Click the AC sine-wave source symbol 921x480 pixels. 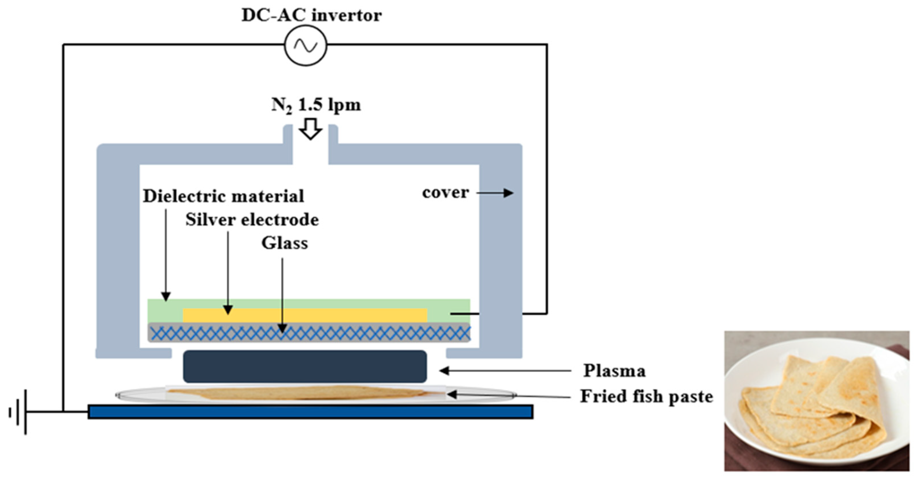306,45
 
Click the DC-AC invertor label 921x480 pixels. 311,15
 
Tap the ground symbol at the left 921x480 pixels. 18,412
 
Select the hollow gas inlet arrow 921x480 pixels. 310,129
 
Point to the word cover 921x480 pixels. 445,193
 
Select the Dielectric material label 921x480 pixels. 224,196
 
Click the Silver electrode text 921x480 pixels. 252,220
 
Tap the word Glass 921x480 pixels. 285,243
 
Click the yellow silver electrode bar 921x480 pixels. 305,315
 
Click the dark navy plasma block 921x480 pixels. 305,366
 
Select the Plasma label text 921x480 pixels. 614,371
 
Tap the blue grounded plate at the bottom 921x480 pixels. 310,412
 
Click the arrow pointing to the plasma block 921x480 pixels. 504,371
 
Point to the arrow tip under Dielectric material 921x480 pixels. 166,297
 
